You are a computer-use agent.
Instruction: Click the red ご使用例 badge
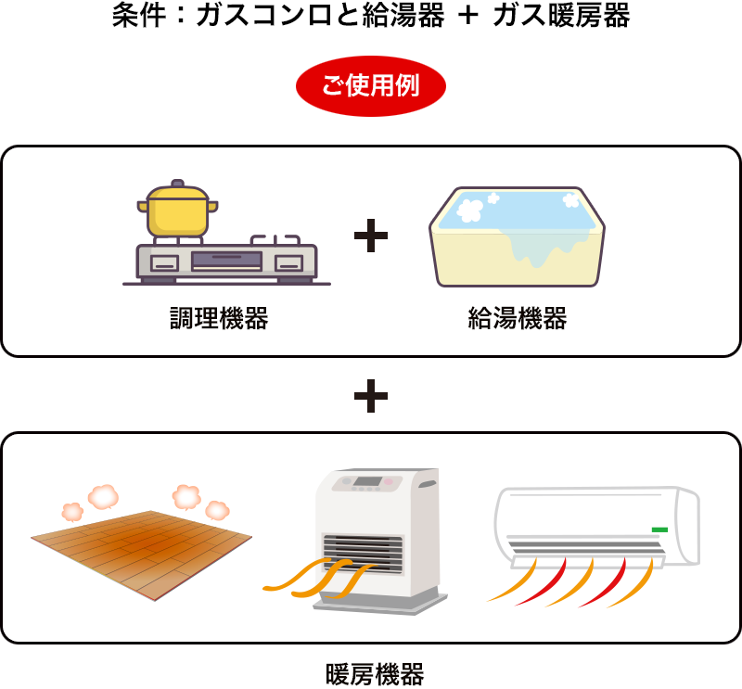(x=370, y=86)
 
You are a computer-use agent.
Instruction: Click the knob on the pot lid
(x=177, y=183)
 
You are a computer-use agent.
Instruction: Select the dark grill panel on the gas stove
(x=226, y=261)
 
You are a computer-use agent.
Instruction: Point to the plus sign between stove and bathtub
(x=371, y=236)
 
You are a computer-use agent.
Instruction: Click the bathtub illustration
(x=517, y=236)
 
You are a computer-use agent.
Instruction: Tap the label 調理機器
(x=219, y=318)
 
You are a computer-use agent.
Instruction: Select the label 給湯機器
(x=518, y=318)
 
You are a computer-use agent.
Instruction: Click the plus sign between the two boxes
(x=371, y=396)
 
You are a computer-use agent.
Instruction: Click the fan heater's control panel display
(x=367, y=481)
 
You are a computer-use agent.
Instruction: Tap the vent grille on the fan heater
(x=363, y=553)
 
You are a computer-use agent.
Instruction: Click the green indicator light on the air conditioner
(x=659, y=530)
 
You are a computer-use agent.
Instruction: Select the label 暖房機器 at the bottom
(x=375, y=675)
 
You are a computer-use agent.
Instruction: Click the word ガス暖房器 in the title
(x=561, y=15)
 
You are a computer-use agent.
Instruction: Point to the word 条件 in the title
(x=139, y=15)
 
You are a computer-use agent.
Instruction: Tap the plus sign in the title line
(x=468, y=15)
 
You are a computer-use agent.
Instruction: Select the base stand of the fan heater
(x=380, y=604)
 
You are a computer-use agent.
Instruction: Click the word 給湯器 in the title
(x=403, y=15)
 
